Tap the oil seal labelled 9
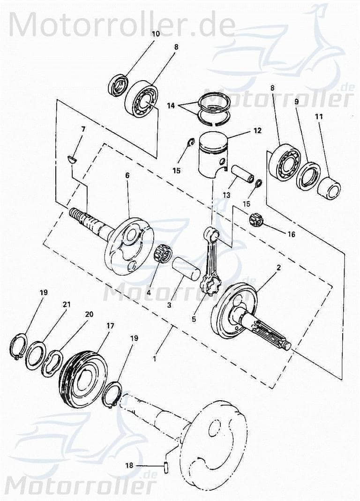click(308, 175)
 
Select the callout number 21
click(67, 305)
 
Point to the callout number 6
click(127, 175)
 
